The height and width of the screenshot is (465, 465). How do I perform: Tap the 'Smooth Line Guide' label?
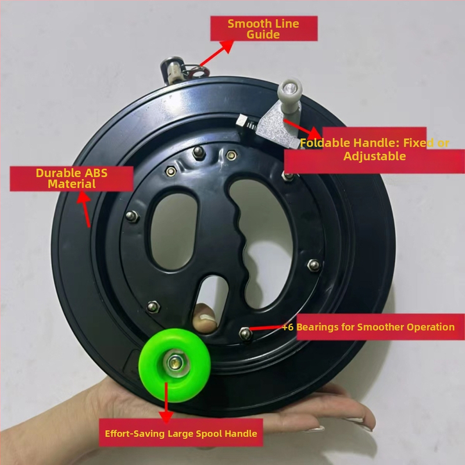[x=264, y=28]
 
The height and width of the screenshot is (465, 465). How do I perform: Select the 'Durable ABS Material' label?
[x=71, y=178]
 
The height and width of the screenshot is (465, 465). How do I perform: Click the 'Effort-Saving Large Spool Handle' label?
[x=181, y=433]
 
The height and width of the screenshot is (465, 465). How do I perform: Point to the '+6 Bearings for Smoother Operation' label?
[x=369, y=327]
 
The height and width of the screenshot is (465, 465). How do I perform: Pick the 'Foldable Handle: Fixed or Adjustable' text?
[x=374, y=149]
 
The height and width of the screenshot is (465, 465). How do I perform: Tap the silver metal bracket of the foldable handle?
[x=276, y=128]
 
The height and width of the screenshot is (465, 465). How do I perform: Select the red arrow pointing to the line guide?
[x=217, y=53]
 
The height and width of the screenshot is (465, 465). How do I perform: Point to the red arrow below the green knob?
[x=166, y=402]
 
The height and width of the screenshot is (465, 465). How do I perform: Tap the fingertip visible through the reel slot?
[x=205, y=317]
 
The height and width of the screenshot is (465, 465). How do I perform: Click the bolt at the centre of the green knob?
[x=174, y=363]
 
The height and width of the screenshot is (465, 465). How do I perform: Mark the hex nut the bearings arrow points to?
[x=245, y=333]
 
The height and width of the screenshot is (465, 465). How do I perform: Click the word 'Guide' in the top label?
[x=263, y=34]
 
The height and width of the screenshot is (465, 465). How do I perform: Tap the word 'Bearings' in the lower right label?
[x=317, y=327]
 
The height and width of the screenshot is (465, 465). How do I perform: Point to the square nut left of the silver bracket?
[x=241, y=121]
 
